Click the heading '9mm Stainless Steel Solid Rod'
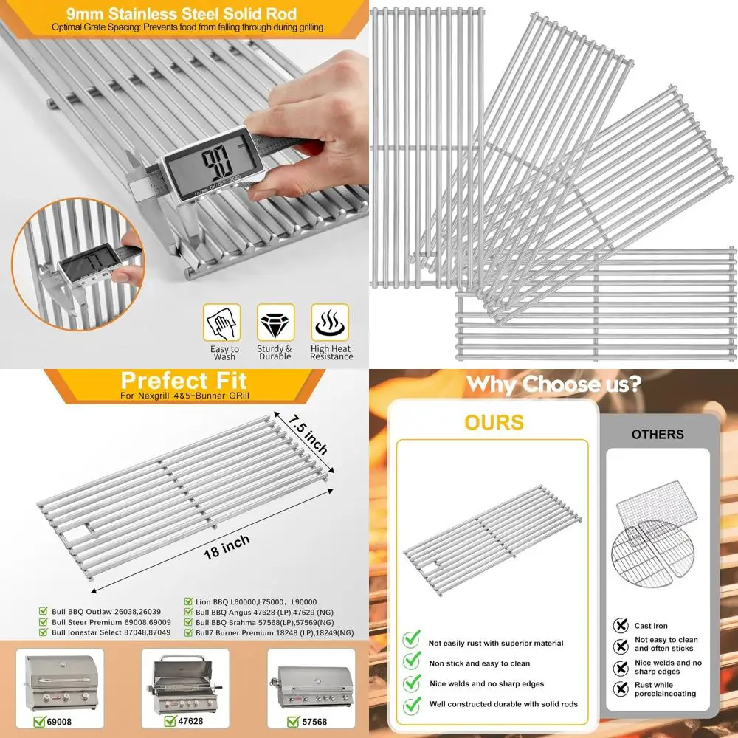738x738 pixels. pyautogui.click(x=181, y=14)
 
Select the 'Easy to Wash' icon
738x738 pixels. pyautogui.click(x=224, y=323)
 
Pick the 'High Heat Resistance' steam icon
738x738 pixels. pyautogui.click(x=330, y=323)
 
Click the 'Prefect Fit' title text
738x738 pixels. pyautogui.click(x=184, y=381)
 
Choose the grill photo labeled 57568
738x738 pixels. pyautogui.click(x=307, y=683)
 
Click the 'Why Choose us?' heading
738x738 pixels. pyautogui.click(x=553, y=384)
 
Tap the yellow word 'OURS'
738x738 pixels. pyautogui.click(x=494, y=422)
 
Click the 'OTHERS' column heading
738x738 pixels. pyautogui.click(x=657, y=435)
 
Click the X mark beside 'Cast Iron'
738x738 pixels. pyautogui.click(x=621, y=626)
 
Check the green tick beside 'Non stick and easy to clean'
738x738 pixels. pyautogui.click(x=412, y=663)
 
